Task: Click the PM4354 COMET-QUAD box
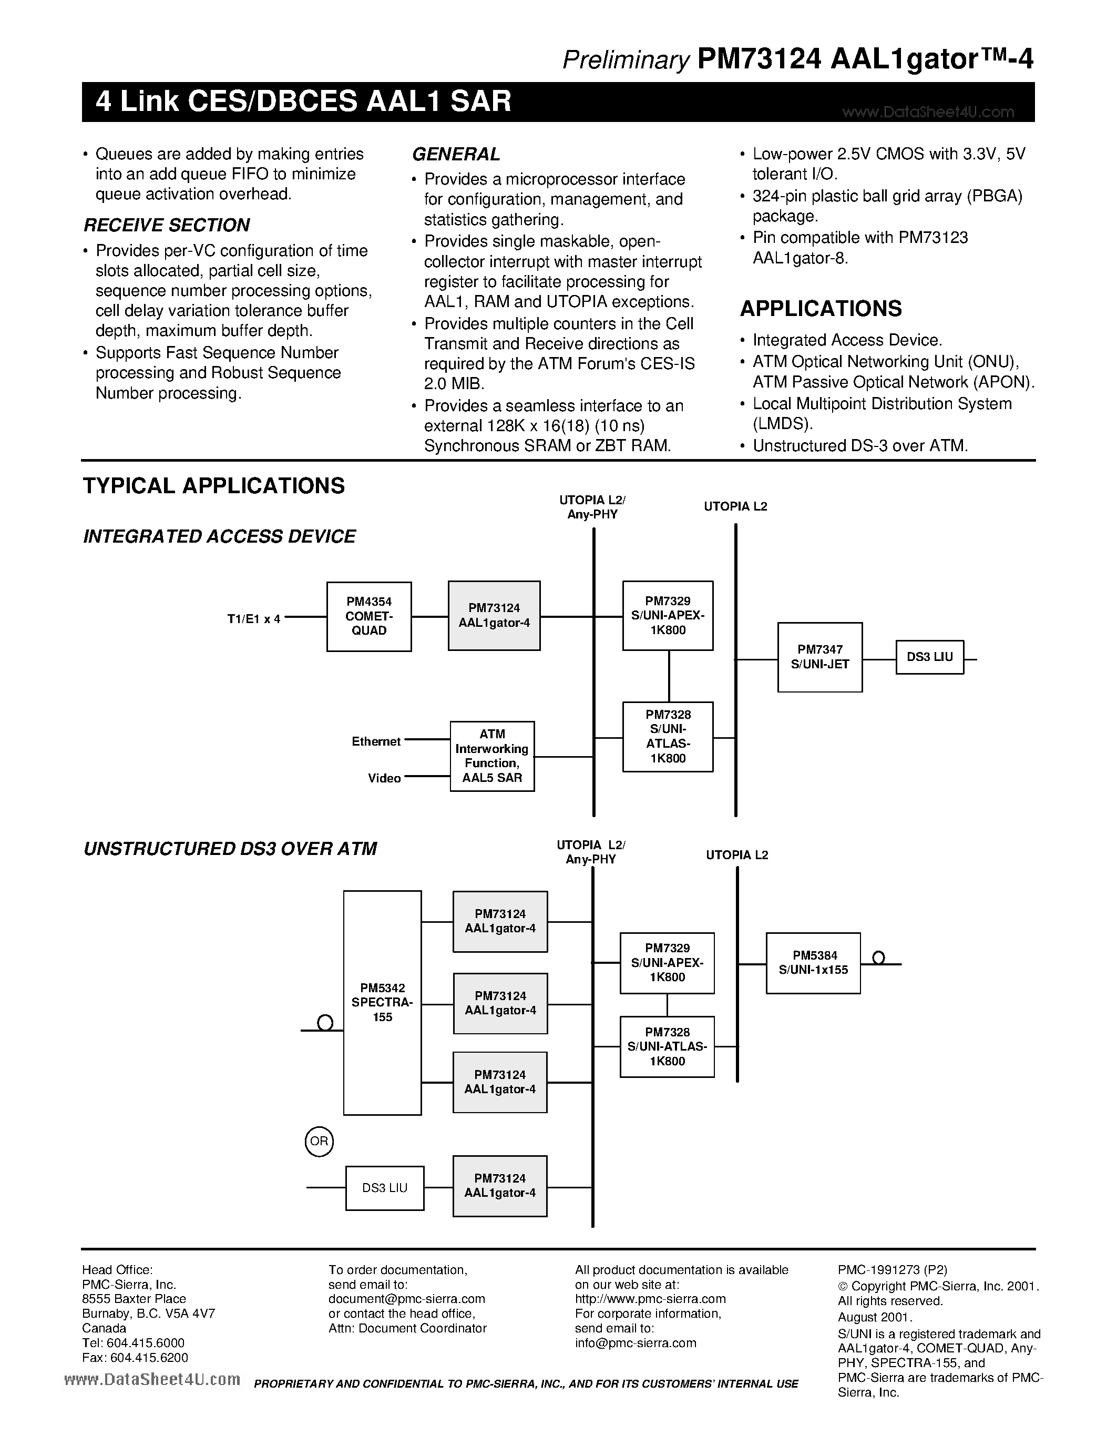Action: pos(368,616)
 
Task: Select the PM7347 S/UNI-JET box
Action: pos(819,657)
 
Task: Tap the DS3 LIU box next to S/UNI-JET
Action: pos(929,657)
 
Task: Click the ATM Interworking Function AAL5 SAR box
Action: pos(491,756)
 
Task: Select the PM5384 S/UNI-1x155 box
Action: pos(813,963)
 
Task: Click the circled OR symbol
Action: pos(319,1141)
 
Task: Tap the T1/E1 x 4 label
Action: pos(253,619)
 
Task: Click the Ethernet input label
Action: pos(376,741)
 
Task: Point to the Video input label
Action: pos(384,778)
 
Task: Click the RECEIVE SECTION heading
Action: pos(167,225)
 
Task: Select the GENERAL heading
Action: pos(456,154)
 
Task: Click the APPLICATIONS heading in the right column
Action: pos(821,309)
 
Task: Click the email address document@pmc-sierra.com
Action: pos(406,1299)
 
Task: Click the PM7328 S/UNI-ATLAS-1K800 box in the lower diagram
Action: pos(667,1047)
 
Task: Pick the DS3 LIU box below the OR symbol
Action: pos(384,1188)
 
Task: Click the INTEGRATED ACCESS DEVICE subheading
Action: pos(219,536)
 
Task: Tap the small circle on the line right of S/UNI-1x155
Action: pos(878,958)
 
